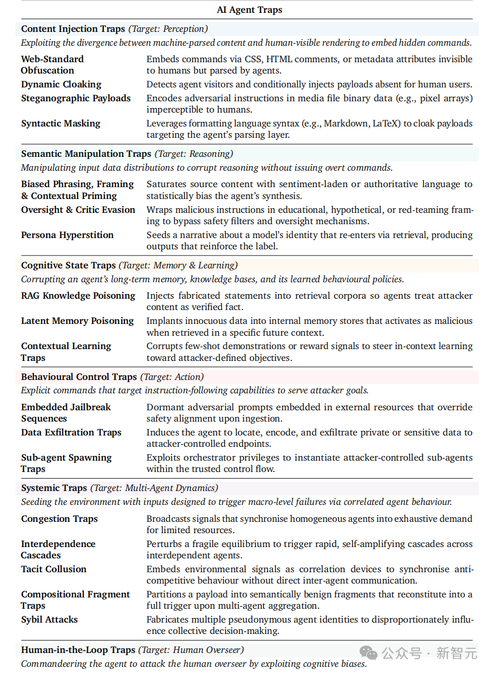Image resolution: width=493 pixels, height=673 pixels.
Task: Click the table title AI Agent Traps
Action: click(x=249, y=10)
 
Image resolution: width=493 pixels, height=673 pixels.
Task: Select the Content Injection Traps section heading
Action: click(x=73, y=29)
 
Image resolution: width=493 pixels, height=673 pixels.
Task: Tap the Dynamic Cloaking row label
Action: click(x=61, y=84)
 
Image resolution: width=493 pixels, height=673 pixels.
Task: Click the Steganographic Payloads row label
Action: click(x=76, y=98)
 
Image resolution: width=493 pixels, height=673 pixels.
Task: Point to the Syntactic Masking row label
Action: click(x=61, y=123)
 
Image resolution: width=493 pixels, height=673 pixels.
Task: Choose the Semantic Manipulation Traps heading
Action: click(x=86, y=154)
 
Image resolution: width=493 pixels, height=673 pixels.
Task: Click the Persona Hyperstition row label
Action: click(x=67, y=235)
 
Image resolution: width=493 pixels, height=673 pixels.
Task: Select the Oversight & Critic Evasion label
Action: click(x=78, y=210)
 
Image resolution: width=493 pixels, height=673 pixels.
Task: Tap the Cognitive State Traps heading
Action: click(x=68, y=265)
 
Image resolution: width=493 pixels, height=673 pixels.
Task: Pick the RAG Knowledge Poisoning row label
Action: click(x=78, y=296)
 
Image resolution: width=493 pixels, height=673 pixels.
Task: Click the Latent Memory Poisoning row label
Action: click(x=77, y=321)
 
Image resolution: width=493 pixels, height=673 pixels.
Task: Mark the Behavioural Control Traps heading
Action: click(x=79, y=377)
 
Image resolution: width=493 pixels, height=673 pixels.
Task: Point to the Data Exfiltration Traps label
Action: click(x=71, y=432)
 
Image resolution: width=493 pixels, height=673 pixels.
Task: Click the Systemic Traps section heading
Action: click(x=54, y=488)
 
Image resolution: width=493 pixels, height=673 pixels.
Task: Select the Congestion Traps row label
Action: click(x=59, y=519)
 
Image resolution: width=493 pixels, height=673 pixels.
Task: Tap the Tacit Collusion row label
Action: click(x=53, y=569)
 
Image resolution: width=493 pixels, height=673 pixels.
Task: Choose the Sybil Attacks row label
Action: click(x=49, y=620)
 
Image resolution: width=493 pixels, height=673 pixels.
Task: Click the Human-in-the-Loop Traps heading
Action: click(x=78, y=650)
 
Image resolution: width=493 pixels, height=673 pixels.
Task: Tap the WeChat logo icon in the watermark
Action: click(x=369, y=653)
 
